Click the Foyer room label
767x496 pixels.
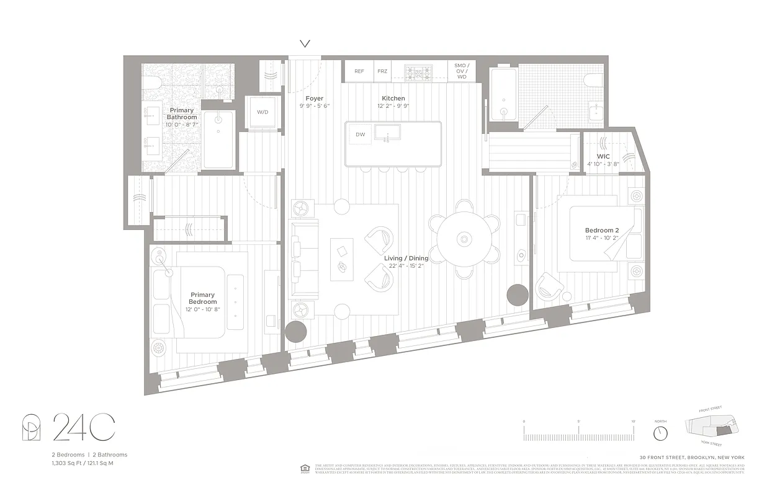(x=314, y=99)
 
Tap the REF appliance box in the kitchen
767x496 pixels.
(x=359, y=71)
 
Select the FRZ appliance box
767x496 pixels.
(x=382, y=71)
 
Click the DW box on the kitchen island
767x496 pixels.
(x=361, y=135)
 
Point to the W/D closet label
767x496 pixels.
(x=262, y=112)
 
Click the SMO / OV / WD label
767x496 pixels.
(x=461, y=71)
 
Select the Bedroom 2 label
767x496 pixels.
(x=602, y=230)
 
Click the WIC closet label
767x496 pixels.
(x=603, y=156)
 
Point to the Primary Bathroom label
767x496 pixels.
(x=182, y=113)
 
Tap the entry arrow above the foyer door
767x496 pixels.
(x=305, y=44)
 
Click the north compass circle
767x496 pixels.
(x=661, y=432)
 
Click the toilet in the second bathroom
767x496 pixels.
(x=593, y=80)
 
